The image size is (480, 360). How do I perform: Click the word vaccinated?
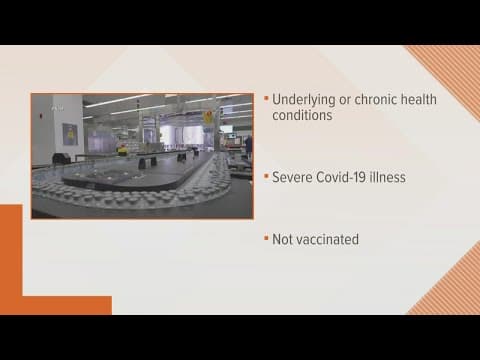click(x=329, y=241)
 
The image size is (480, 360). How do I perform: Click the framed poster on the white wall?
click(x=70, y=134)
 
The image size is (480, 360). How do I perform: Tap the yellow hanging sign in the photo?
click(x=208, y=117)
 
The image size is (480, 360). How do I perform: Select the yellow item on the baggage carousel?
click(x=122, y=150)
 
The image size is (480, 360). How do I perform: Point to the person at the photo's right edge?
click(x=248, y=145)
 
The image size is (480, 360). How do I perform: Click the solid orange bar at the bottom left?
click(x=55, y=304)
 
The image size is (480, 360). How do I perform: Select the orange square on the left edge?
click(x=10, y=250)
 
